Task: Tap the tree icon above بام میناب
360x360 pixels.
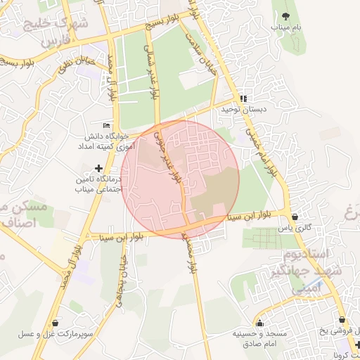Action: point(285,15)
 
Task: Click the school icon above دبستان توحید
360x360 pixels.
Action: point(243,99)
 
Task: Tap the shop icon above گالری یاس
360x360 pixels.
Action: point(294,217)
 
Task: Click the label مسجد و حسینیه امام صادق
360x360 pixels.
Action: point(260,338)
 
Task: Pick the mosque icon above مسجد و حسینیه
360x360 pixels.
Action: point(260,323)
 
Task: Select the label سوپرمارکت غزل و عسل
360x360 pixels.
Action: point(56,335)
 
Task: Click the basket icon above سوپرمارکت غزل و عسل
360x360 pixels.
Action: point(55,323)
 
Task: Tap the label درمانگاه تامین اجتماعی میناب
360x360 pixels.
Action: point(97,185)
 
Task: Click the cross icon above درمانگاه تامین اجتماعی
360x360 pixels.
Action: point(98,169)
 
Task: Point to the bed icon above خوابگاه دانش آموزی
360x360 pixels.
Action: point(106,125)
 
